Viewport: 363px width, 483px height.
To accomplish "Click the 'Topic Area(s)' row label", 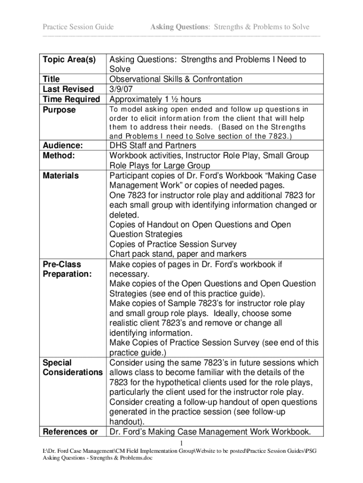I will pyautogui.click(x=69, y=60).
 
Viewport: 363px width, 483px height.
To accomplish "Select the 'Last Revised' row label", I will pyautogui.click(x=68, y=89).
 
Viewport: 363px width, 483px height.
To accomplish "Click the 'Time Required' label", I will pyautogui.click(x=71, y=99).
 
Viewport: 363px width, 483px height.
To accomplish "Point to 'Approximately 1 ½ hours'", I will pyautogui.click(x=155, y=99).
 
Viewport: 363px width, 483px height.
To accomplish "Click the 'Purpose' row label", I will pyautogui.click(x=59, y=110).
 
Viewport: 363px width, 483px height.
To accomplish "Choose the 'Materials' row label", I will pyautogui.click(x=61, y=175).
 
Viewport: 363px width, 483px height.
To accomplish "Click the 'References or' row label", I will pyautogui.click(x=70, y=432).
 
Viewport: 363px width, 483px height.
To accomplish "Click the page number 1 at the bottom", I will pyautogui.click(x=181, y=443).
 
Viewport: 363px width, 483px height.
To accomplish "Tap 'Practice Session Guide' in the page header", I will pyautogui.click(x=78, y=27).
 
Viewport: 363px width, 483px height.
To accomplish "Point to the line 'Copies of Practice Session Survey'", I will pyautogui.click(x=173, y=244).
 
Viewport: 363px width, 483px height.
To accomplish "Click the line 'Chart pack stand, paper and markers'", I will pyautogui.click(x=178, y=254).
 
